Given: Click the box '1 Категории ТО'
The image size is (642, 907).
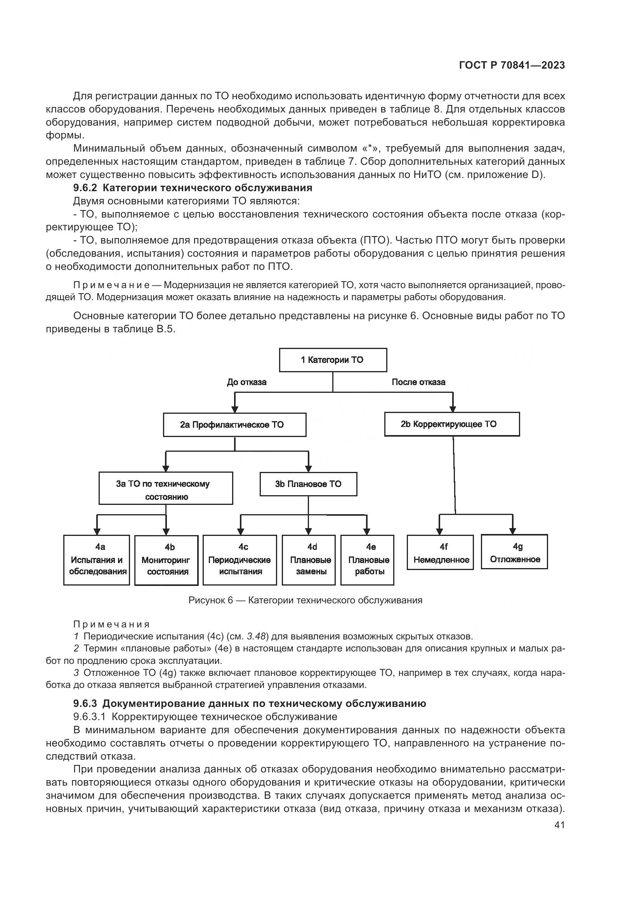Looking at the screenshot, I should (333, 360).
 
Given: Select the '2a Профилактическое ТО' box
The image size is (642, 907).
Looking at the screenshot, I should (234, 425).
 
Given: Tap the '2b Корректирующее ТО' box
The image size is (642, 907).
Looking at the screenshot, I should (452, 424).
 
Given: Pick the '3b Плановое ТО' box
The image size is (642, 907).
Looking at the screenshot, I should (308, 484).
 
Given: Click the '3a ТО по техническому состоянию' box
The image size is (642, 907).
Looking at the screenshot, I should (166, 489).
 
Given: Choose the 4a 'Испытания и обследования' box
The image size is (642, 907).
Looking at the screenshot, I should (97, 560).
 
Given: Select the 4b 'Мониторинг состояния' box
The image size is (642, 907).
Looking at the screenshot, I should (167, 560).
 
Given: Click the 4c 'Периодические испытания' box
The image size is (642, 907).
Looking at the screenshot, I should (239, 560).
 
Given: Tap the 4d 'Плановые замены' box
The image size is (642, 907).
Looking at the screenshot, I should (309, 560).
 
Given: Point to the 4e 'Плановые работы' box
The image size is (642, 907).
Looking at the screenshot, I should (367, 560).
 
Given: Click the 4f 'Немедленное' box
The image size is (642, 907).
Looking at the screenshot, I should (441, 553).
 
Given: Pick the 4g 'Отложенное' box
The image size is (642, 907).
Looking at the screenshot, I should (514, 552).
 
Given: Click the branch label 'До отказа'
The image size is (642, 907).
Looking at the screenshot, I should (247, 382).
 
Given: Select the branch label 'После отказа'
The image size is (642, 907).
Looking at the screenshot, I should (418, 382).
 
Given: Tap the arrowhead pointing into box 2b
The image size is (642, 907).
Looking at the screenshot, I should (453, 409).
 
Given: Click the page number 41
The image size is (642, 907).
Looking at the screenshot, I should (559, 825).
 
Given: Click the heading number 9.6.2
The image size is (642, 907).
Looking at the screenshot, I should (85, 188).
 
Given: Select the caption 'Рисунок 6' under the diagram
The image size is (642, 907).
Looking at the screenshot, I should (210, 600).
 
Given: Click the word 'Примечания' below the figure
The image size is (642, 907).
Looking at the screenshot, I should (111, 624).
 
